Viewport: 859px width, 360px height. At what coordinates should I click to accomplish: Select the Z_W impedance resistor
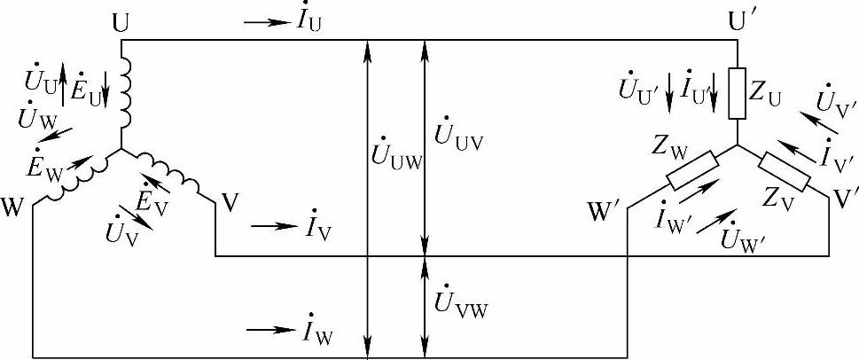(692, 171)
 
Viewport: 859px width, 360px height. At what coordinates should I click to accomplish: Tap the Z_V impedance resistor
(785, 171)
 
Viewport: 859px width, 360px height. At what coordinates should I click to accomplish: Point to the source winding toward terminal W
(75, 181)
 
